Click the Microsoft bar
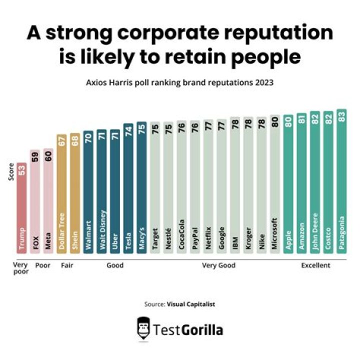pos(274,185)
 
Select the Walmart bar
pos(88,192)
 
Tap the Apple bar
pos(288,185)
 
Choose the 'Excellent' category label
pos(315,265)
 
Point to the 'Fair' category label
pos(67,265)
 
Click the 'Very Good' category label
pos(215,265)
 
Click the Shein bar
pos(74,194)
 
